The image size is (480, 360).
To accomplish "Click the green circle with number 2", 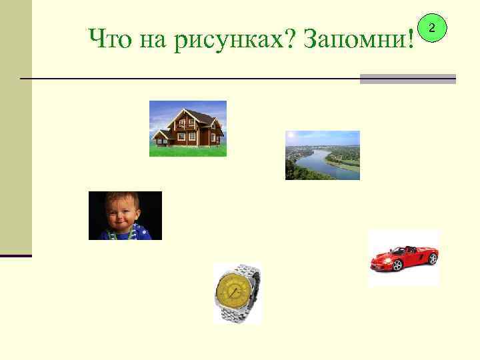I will point(432,28).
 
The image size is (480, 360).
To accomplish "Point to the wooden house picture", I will point(187,128).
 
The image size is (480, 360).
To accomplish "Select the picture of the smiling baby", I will point(125,215).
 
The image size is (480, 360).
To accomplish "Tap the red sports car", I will point(403,257).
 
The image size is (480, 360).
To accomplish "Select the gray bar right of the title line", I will point(407,79).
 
